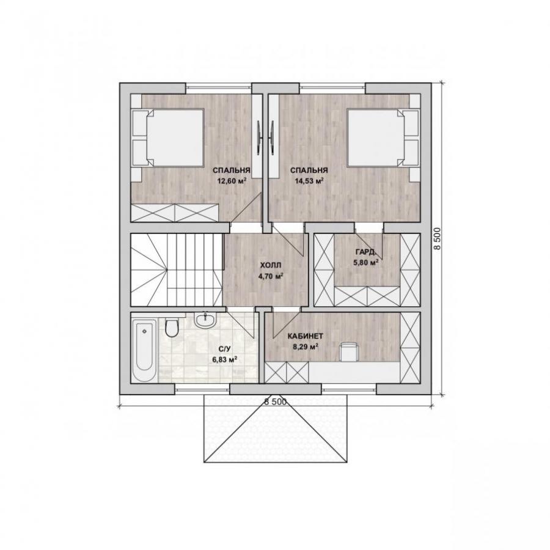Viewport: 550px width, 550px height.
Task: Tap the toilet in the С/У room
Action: tap(172, 328)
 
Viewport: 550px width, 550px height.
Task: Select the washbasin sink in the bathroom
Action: tap(205, 319)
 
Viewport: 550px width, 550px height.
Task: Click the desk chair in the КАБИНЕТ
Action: tap(349, 352)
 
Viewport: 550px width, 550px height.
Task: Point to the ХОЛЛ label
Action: tap(271, 265)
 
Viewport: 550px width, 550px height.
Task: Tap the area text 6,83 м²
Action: tap(225, 359)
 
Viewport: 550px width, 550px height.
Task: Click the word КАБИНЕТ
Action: tap(305, 336)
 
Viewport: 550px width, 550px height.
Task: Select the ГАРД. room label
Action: tap(365, 252)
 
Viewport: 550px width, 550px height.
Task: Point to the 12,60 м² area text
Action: tap(232, 181)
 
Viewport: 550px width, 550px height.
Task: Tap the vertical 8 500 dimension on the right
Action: tap(437, 238)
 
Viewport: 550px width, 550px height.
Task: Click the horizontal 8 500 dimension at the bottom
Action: tap(276, 402)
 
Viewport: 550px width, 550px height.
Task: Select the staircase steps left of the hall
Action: tap(177, 269)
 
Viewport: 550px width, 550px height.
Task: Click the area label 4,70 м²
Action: tap(271, 276)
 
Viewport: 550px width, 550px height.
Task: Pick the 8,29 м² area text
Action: tap(306, 347)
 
